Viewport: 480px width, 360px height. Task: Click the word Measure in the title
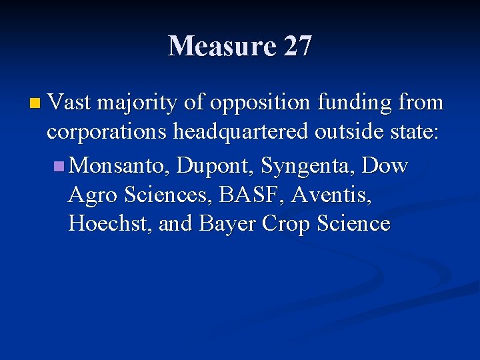coord(222,47)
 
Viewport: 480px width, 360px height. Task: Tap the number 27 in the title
coord(297,47)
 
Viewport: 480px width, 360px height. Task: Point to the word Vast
coord(70,103)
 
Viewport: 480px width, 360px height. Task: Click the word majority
coord(137,104)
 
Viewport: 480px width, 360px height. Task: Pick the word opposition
coord(261,104)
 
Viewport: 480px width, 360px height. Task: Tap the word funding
coord(353,103)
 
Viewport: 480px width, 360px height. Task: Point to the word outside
coord(346,132)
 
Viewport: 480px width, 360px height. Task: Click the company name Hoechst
coord(110,224)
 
